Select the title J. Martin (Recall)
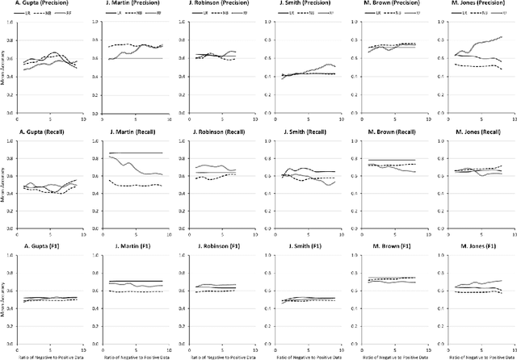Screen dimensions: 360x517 (132, 128)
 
